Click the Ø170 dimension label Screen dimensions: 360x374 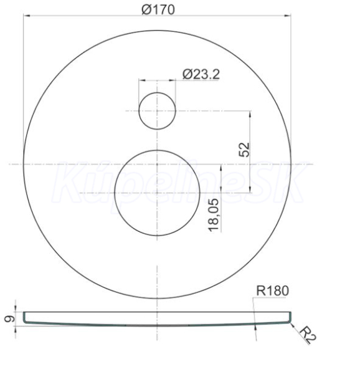point(158,9)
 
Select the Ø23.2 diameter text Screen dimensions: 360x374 point(201,74)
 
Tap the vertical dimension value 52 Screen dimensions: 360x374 point(244,150)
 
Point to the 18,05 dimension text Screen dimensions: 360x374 point(214,215)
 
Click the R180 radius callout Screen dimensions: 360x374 point(272,290)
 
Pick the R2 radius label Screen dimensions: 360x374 point(308,335)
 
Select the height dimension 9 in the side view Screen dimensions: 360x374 point(9,319)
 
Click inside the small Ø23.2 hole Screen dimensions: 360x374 point(157,111)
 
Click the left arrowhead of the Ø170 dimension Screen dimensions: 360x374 point(27,16)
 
